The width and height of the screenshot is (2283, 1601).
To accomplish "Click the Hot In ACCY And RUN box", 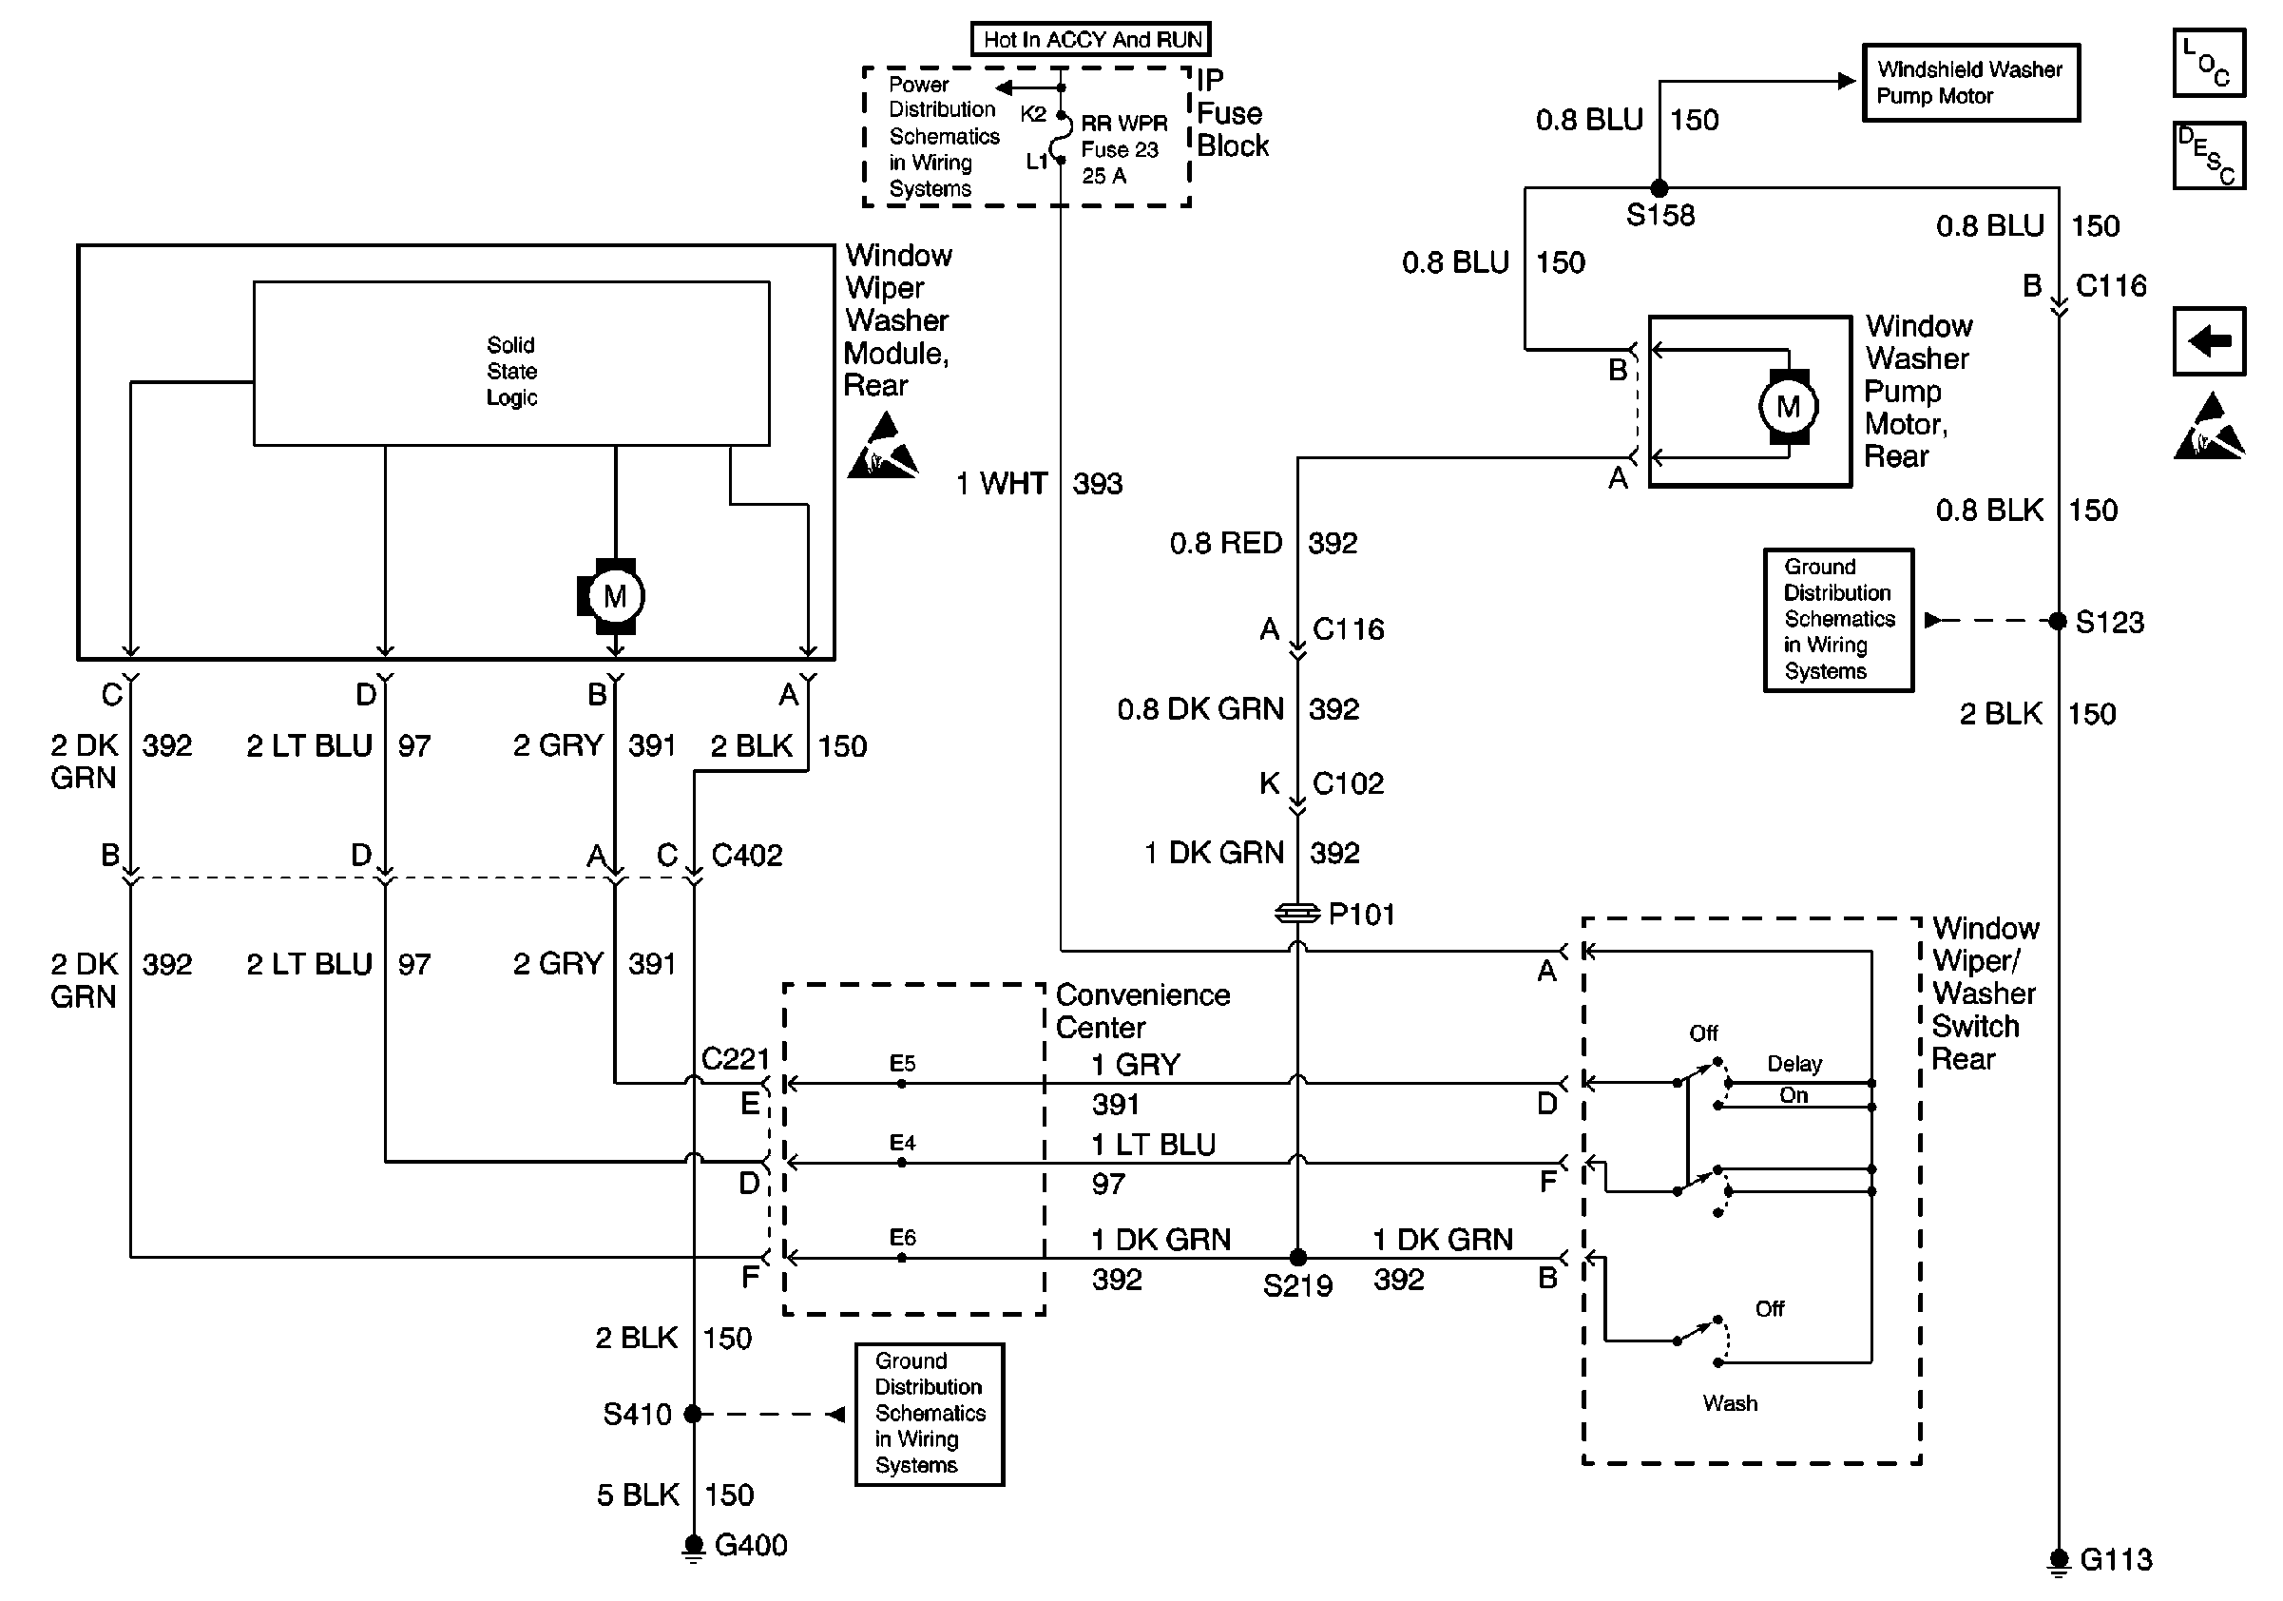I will [x=1091, y=40].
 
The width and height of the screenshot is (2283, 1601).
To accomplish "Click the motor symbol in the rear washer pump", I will [x=1787, y=406].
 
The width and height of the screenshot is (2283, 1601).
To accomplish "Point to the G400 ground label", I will [x=751, y=1545].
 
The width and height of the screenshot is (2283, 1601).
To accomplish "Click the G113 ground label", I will [x=2116, y=1560].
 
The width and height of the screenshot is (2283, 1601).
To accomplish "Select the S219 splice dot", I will [x=1297, y=1258].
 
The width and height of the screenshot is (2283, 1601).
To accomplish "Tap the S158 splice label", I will [x=1659, y=215].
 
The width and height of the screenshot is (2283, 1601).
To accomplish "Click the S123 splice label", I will [x=2109, y=623].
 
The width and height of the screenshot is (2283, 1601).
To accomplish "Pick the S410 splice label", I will [x=638, y=1414].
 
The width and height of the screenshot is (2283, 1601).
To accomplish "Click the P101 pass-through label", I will [x=1361, y=914].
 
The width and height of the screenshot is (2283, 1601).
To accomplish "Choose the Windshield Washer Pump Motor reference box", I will [x=1969, y=83].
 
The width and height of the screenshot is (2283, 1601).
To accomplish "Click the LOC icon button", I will [x=2209, y=64].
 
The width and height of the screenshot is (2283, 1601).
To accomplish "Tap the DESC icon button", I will [x=2209, y=155].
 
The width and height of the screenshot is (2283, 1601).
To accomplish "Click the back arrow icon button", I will [x=2209, y=341].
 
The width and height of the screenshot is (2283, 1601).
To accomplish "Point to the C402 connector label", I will [x=747, y=856].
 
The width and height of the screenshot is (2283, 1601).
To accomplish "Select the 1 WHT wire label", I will [x=1001, y=483].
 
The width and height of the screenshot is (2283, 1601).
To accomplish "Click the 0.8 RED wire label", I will [x=1225, y=543].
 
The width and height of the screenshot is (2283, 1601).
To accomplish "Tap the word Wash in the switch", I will [x=1729, y=1403].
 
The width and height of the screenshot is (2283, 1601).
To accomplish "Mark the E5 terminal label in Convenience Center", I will [x=902, y=1063].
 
